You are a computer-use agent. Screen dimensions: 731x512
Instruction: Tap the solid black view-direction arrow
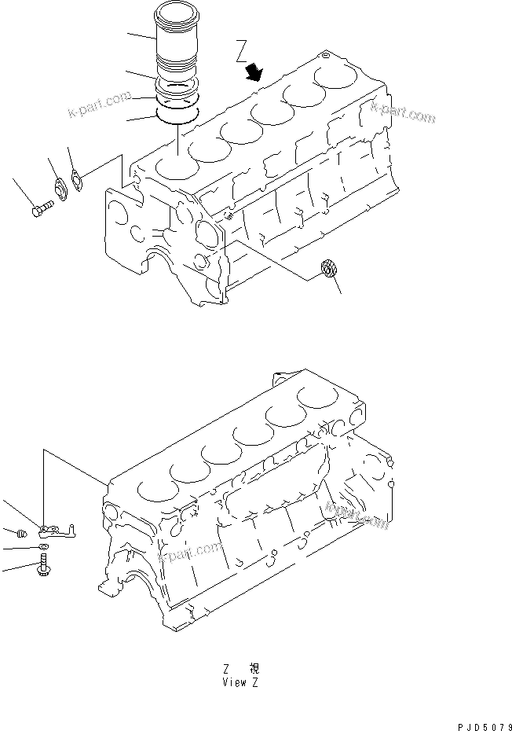pos(254,73)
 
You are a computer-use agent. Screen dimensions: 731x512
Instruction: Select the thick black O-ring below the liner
pos(180,115)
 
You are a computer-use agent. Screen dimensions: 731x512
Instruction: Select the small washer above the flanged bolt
pos(43,546)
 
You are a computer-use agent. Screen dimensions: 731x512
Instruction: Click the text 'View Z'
pos(240,682)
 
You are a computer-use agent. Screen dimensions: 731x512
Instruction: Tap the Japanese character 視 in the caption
pos(254,670)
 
